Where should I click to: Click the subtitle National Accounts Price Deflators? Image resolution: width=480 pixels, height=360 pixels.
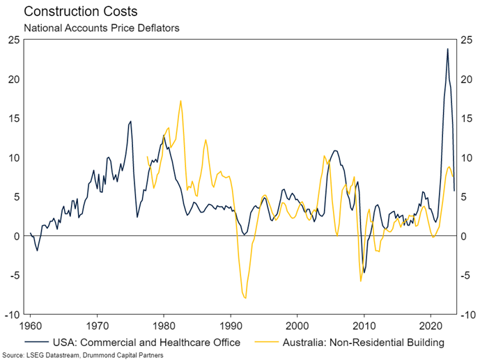[101, 29]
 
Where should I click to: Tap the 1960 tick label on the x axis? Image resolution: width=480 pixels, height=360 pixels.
[30, 325]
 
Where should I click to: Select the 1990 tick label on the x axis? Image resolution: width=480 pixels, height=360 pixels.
[231, 325]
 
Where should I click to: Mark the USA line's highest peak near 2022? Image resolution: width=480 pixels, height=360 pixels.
[447, 49]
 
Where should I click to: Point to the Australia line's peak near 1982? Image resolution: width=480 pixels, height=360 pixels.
[181, 101]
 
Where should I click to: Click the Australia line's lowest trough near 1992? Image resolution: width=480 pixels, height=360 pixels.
[246, 298]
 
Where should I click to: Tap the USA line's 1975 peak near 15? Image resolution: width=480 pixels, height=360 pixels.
[130, 122]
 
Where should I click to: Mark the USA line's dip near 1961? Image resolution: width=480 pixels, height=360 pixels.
[37, 250]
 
